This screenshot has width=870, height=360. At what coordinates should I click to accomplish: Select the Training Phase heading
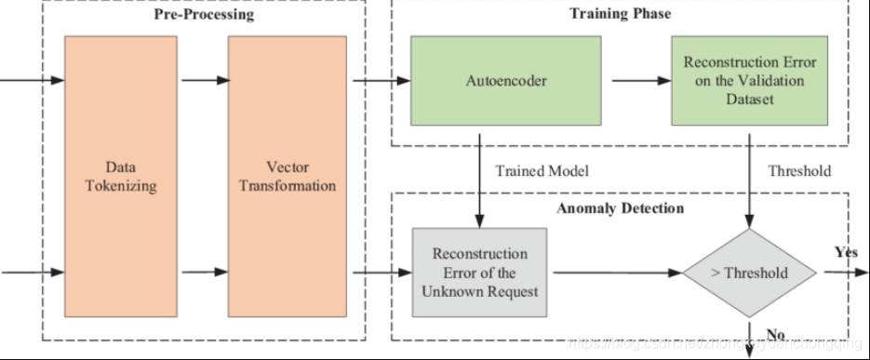(620, 14)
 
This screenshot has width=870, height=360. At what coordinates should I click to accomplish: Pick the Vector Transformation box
(287, 177)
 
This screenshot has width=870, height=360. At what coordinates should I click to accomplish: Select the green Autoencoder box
(506, 81)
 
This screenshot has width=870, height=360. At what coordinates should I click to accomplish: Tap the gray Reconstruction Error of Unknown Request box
(479, 273)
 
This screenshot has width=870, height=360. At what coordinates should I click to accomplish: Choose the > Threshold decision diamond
(749, 273)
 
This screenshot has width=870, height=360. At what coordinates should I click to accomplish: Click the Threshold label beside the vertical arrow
(799, 171)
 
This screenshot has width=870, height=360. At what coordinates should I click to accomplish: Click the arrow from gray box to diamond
(614, 273)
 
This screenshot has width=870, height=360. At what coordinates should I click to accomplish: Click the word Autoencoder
(506, 81)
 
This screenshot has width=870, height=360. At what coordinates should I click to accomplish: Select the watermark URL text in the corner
(716, 344)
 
